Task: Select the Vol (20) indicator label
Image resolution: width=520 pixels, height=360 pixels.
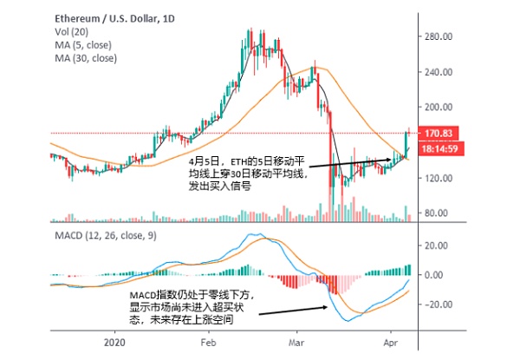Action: click(71, 30)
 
